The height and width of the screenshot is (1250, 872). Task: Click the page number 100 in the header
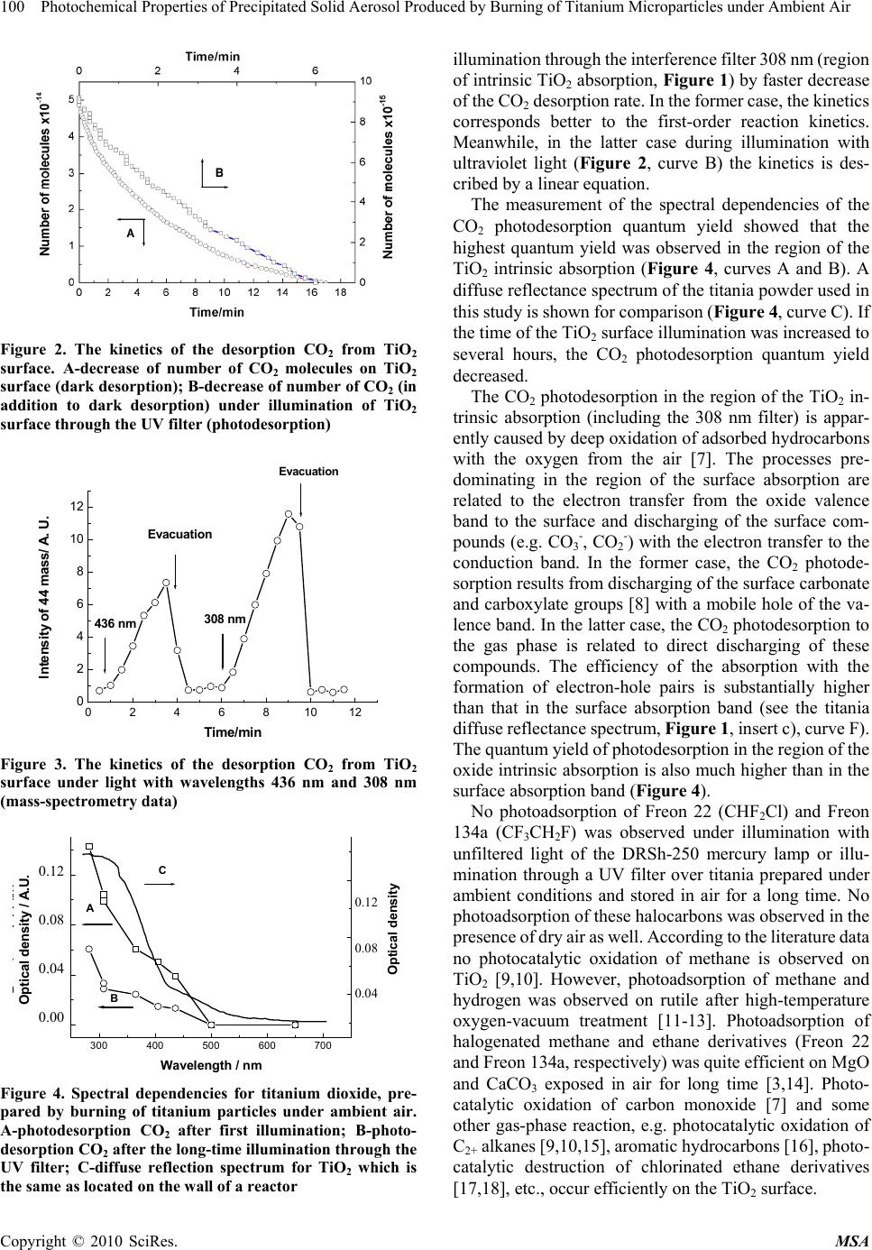tap(13, 9)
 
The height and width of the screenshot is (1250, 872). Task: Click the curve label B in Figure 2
tap(218, 171)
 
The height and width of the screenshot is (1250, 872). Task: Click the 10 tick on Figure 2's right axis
tap(366, 81)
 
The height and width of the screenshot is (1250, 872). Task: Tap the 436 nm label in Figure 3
tap(115, 623)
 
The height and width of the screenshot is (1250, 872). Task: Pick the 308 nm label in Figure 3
tap(225, 619)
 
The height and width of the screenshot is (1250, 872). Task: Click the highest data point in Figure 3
tap(289, 514)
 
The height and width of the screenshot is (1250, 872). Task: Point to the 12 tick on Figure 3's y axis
tap(78, 507)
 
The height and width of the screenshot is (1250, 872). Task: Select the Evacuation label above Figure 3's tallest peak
tap(307, 472)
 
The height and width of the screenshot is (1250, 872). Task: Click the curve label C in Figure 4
tap(162, 869)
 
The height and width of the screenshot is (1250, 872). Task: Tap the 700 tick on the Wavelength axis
tap(323, 1044)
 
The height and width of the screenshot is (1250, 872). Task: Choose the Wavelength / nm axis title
tap(210, 1065)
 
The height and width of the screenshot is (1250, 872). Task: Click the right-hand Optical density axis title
tap(393, 929)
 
